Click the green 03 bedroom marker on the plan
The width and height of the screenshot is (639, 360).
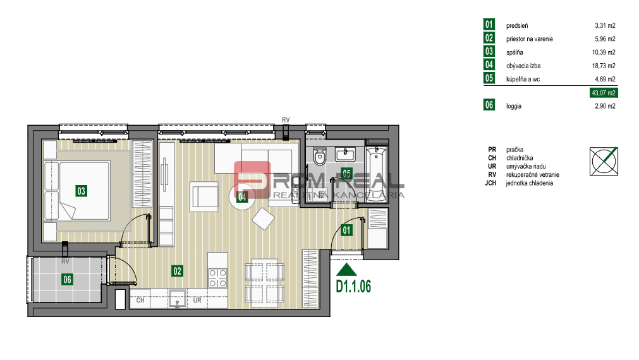click(81, 189)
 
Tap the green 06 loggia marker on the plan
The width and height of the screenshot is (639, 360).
click(66, 279)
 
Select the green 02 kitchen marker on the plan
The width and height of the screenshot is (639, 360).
click(177, 271)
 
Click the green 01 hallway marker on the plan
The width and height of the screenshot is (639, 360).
click(346, 230)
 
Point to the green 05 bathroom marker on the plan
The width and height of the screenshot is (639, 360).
click(346, 172)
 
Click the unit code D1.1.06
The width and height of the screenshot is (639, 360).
click(353, 286)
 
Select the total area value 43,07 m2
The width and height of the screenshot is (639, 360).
click(602, 93)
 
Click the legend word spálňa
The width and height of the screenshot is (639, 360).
click(515, 52)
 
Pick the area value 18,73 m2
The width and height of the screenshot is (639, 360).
click(603, 66)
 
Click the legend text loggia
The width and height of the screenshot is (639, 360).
click(514, 106)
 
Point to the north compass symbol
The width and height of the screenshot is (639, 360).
click(603, 161)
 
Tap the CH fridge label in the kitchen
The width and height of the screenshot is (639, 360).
click(140, 301)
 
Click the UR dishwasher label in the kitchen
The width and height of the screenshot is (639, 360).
click(197, 301)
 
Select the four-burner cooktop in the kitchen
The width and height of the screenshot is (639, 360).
click(218, 279)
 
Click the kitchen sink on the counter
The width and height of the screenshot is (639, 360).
click(178, 297)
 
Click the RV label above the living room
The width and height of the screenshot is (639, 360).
click(286, 119)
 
